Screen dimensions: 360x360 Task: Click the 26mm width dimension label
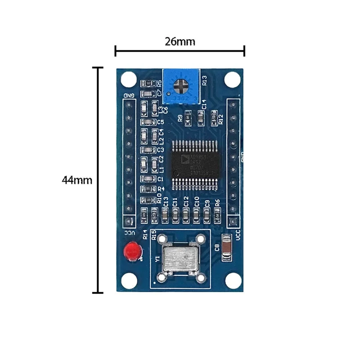pyautogui.click(x=180, y=42)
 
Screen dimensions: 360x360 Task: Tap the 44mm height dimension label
pyautogui.click(x=77, y=180)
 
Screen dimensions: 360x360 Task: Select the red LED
pyautogui.click(x=132, y=251)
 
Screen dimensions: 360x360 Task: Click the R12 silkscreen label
pyautogui.click(x=220, y=119)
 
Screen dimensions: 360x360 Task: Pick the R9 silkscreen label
pyautogui.click(x=180, y=118)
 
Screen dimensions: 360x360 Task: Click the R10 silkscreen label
pyautogui.click(x=159, y=198)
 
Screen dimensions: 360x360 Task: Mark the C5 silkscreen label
pyautogui.click(x=160, y=122)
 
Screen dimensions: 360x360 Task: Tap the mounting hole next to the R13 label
pyautogui.click(x=232, y=80)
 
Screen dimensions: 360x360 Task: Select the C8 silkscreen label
pyautogui.click(x=217, y=247)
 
